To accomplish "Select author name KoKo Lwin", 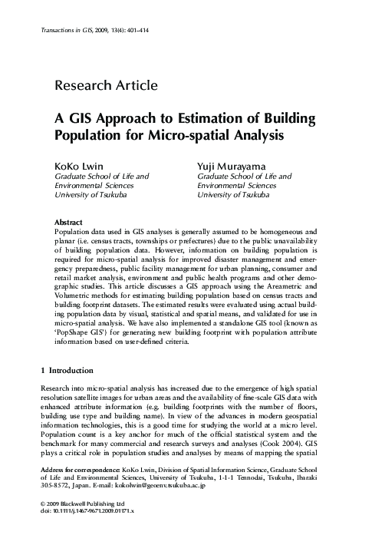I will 76,165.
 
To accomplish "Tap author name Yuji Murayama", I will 229,165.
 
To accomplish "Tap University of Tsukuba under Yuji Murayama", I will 233,195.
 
